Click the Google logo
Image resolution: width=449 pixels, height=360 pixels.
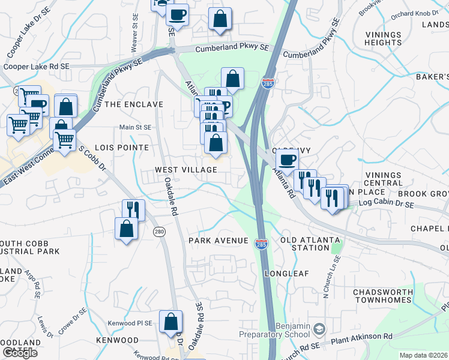coord(20,353)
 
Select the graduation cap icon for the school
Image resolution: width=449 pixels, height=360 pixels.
coord(319,328)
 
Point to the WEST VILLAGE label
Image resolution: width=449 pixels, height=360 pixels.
coord(186,170)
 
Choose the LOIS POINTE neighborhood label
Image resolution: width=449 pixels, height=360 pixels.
coord(126,148)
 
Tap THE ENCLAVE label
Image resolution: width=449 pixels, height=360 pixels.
coord(134,104)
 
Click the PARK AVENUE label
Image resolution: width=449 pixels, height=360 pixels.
coord(218,241)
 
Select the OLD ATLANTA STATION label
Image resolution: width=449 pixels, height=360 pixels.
coord(305,244)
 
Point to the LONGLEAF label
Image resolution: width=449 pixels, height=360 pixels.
coord(287,274)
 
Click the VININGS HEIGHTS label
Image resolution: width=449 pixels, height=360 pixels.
coord(384,38)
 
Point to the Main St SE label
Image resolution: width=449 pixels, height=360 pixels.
coord(135,127)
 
